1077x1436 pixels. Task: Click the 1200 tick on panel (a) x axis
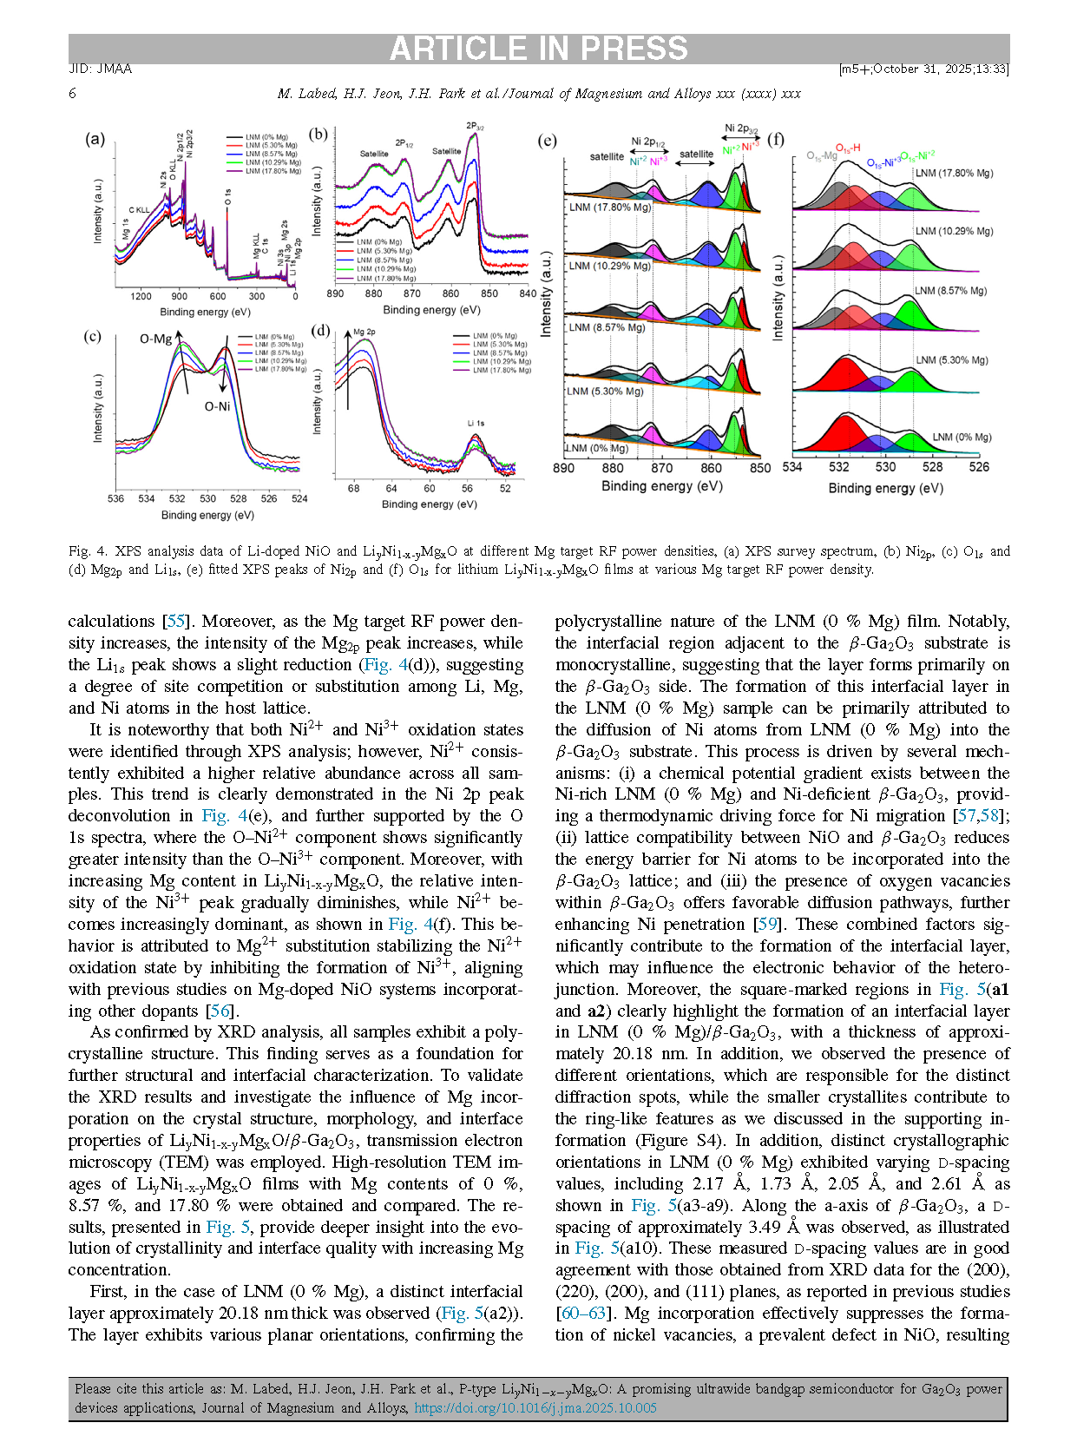[141, 297]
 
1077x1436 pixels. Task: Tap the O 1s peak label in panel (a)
[227, 198]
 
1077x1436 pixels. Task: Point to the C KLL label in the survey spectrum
[139, 210]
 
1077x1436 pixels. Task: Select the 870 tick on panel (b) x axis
[412, 293]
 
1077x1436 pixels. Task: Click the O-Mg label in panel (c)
[156, 339]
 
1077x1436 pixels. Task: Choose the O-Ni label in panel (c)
[217, 406]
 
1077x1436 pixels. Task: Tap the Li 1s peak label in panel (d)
[476, 424]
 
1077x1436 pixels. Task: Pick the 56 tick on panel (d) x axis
[467, 488]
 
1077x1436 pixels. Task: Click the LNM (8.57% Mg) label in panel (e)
[607, 328]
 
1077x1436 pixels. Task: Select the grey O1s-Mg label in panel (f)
[821, 156]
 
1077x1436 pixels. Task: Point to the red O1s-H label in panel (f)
[848, 148]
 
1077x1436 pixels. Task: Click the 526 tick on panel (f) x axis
[979, 467]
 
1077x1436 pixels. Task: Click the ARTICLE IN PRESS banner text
[538, 49]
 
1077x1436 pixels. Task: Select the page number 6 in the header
[73, 94]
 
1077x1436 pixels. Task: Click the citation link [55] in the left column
[176, 622]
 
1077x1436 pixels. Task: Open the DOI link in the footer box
[535, 1408]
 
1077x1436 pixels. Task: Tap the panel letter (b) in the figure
[319, 134]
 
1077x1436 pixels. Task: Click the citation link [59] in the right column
[767, 925]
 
